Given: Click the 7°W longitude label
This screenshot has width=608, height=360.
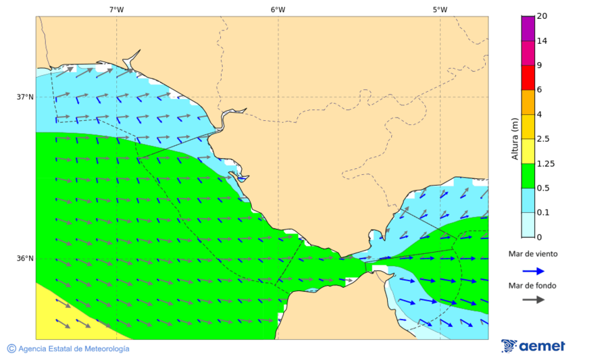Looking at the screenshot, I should (116, 9).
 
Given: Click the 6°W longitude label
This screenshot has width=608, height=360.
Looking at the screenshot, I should (278, 9).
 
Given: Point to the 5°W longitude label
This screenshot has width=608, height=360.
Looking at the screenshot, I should (440, 9).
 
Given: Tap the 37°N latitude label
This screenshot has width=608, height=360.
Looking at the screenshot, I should (25, 97).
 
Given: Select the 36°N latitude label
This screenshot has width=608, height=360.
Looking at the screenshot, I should (25, 258).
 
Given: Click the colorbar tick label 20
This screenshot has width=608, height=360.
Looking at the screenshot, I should (542, 16).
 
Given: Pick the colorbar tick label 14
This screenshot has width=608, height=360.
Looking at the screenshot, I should (542, 41).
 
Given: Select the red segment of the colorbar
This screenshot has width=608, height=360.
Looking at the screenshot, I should (528, 77).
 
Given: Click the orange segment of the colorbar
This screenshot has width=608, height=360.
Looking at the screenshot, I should (528, 102).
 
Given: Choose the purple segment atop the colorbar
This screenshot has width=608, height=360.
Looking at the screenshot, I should (528, 28).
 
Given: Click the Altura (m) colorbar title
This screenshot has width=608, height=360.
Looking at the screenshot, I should (515, 139).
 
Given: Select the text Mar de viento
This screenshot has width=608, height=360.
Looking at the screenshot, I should (533, 254).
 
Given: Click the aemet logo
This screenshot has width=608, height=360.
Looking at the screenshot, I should (533, 346).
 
